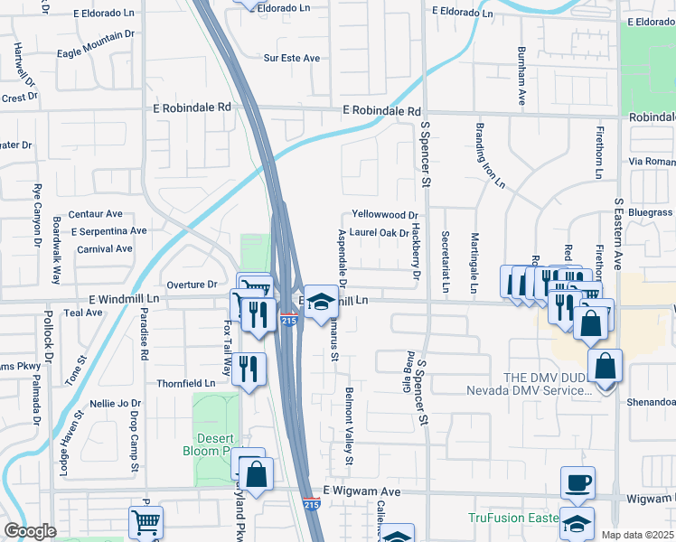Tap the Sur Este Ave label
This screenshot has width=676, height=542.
tap(291, 58)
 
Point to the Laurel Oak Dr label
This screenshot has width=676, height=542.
tap(373, 232)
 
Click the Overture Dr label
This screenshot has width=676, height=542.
tap(192, 284)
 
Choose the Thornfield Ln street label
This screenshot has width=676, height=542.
tap(185, 383)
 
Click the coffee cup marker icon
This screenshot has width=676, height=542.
tap(577, 481)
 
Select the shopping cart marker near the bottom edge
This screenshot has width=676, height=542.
tap(146, 521)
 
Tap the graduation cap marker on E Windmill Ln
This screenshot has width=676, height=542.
tap(319, 303)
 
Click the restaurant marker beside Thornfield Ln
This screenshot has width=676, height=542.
tap(249, 368)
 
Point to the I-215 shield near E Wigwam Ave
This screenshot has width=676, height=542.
tap(310, 503)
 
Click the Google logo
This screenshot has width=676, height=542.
tap(30, 531)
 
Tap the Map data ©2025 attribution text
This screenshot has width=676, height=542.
tap(637, 535)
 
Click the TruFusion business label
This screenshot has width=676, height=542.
tap(511, 518)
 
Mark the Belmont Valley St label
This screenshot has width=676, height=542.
tap(348, 426)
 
